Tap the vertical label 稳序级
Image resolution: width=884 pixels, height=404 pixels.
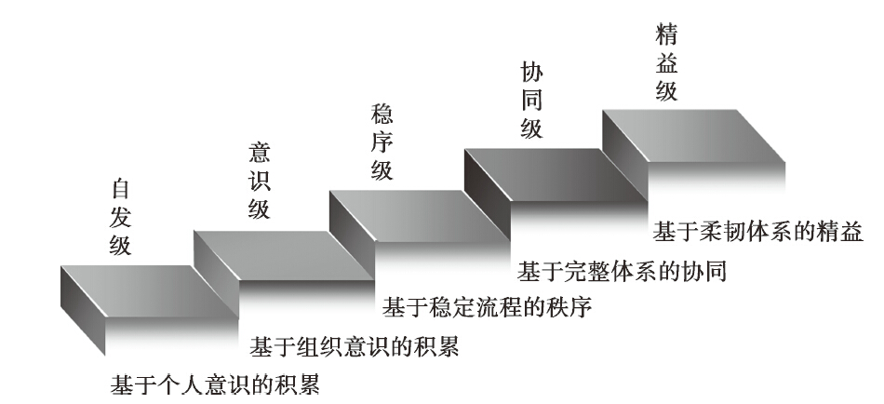click(x=382, y=141)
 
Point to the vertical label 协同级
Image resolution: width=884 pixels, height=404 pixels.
click(x=530, y=101)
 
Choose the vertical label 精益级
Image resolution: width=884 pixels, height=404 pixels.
click(x=665, y=63)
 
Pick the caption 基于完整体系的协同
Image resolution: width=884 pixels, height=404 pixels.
click(x=622, y=272)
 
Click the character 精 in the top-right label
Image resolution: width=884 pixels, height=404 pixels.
click(x=665, y=35)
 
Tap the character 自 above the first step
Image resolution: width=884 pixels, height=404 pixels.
click(x=120, y=188)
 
